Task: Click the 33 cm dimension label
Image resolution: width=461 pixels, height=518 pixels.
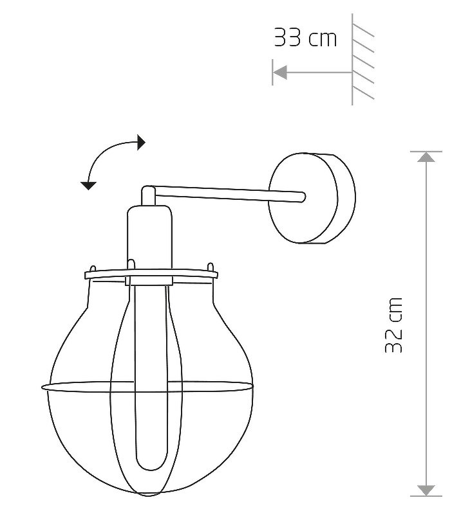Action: (305, 37)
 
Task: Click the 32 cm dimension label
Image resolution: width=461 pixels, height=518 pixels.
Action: (394, 325)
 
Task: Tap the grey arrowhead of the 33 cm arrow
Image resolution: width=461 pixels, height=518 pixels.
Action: (280, 73)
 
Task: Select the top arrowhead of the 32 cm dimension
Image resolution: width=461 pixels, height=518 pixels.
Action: (426, 157)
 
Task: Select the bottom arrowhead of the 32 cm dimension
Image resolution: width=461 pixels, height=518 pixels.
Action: (426, 490)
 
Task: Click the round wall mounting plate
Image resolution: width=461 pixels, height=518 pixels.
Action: (312, 198)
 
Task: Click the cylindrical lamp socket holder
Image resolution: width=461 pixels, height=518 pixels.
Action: (149, 244)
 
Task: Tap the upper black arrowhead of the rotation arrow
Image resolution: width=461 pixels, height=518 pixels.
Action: (141, 143)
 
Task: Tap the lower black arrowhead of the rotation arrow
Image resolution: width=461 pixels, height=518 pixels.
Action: (88, 186)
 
